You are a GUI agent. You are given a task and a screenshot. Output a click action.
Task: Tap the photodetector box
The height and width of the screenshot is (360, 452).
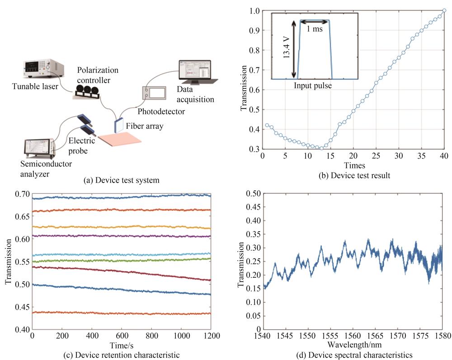tap(154, 93)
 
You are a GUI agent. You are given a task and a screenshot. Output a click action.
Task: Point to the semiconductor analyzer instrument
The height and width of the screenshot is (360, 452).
tap(40, 147)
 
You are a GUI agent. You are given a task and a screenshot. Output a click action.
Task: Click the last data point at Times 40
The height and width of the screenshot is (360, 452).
tap(444, 10)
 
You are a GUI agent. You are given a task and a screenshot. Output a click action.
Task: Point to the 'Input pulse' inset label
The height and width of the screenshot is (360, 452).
tap(312, 85)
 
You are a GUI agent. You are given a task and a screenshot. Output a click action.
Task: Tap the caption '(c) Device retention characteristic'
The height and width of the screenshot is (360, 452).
tap(122, 355)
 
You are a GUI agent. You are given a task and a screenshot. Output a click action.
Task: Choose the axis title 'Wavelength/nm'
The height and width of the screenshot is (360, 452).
tap(353, 345)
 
